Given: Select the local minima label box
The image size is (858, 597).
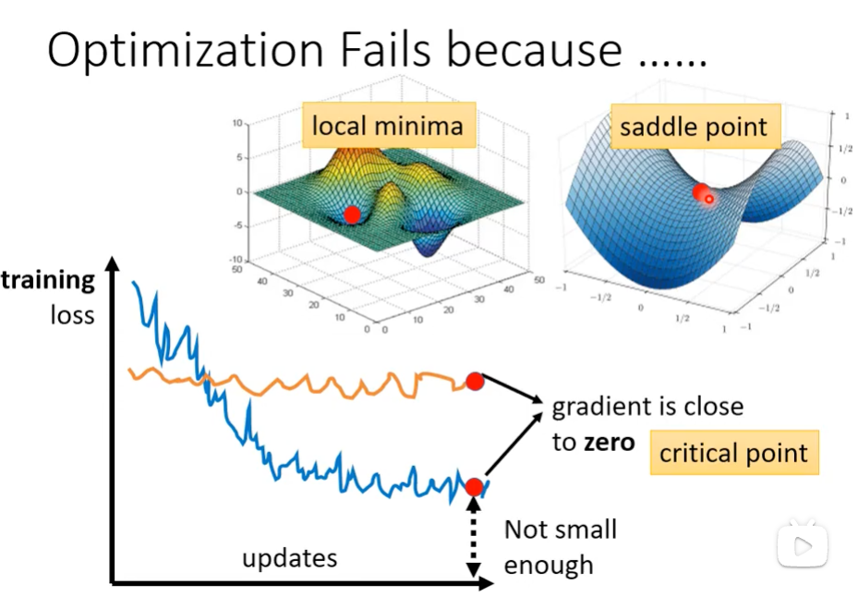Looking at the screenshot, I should point(387,125).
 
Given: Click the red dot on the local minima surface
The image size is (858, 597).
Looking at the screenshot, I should point(351,214).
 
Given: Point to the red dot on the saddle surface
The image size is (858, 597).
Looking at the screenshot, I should point(701,192).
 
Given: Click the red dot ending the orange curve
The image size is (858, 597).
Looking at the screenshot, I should point(475,381).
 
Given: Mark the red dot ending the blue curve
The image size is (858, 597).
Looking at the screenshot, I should point(475,486).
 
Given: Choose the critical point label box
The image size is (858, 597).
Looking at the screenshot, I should point(733,453).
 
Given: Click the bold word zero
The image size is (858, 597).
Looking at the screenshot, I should point(607,443).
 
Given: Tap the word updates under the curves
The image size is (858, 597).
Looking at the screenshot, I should point(289,558).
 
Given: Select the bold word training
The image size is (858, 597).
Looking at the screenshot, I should point(48,280).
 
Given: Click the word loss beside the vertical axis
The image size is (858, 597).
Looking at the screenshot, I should point(73,314).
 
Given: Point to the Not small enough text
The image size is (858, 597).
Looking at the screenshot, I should point(560,547).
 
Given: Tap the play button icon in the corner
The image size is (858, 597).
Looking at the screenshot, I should point(802,546).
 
